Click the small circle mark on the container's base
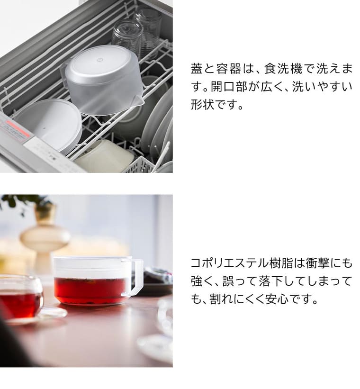[x=100, y=60]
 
